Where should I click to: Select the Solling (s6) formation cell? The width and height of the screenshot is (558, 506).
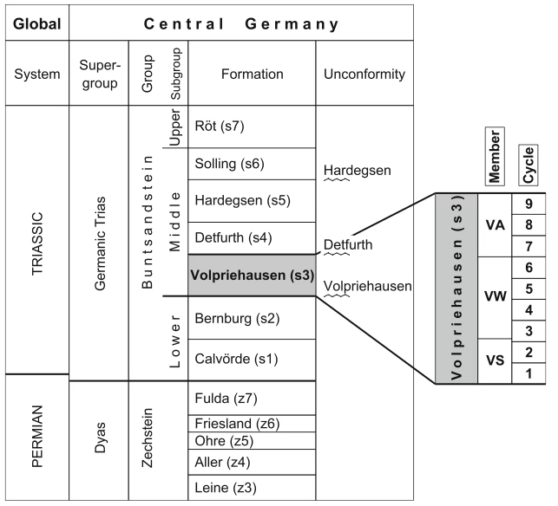[x=252, y=165]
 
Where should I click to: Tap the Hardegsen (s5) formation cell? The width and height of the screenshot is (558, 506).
[x=252, y=201]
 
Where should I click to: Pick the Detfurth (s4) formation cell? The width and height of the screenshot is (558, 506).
[x=252, y=237]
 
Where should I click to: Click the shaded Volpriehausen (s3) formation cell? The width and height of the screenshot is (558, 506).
[x=252, y=276]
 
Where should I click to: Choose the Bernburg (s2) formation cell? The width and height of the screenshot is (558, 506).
[x=252, y=317]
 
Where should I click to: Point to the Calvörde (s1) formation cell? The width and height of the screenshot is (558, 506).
[x=252, y=359]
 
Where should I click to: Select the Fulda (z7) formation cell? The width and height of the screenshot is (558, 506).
[x=252, y=399]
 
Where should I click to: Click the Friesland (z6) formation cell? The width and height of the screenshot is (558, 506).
[x=252, y=424]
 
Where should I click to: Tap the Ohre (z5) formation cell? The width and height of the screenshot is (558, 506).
[x=252, y=440]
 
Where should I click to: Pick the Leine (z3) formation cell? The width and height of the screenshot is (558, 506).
[x=252, y=487]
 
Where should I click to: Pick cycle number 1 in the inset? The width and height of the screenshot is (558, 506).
[x=528, y=373]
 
